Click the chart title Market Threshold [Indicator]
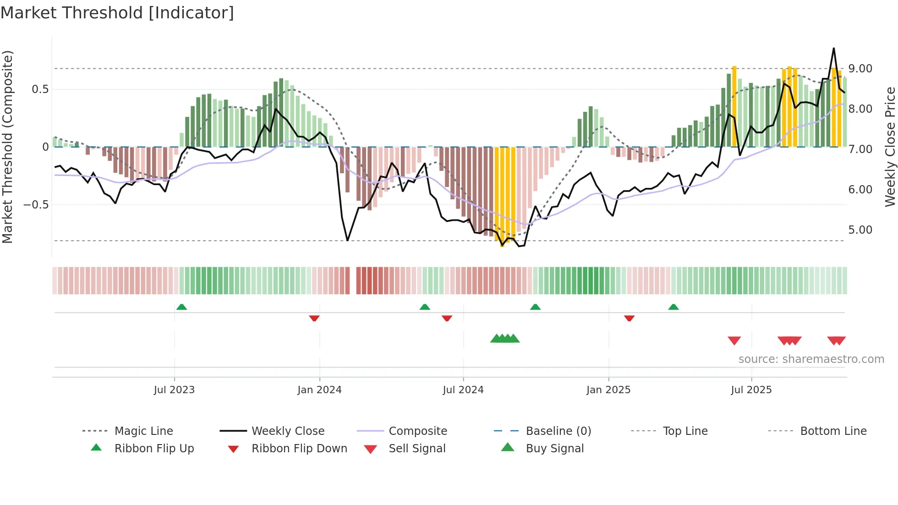tap(117, 13)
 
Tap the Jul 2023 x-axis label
tap(174, 390)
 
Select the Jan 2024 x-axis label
tap(319, 390)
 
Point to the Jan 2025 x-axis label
tap(608, 390)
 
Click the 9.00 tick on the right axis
tap(860, 69)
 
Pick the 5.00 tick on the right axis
tap(860, 230)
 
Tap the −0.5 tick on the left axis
tap(36, 205)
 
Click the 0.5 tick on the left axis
tap(40, 89)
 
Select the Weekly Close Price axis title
tap(890, 147)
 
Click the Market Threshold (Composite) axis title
tap(7, 147)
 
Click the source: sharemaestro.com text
tap(811, 359)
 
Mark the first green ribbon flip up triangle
tap(181, 307)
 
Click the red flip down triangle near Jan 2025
tap(629, 318)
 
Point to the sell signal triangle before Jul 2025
tap(734, 340)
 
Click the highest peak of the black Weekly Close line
tap(834, 49)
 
